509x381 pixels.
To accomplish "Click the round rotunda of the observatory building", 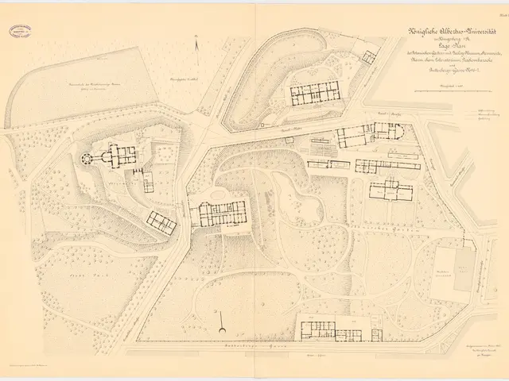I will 87,156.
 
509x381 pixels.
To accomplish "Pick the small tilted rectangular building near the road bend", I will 161,222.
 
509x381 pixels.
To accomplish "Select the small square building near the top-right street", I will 367,57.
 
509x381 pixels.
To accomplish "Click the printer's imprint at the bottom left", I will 36,363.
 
